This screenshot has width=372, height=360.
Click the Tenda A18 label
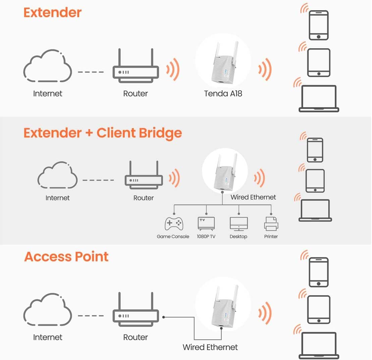pyautogui.click(x=223, y=94)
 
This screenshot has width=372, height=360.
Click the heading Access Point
pyautogui.click(x=66, y=257)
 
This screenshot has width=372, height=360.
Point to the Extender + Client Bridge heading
pyautogui.click(x=103, y=133)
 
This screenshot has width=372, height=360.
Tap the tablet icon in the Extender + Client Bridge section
pyautogui.click(x=315, y=181)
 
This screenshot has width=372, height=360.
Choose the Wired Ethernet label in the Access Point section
pyautogui.click(x=210, y=347)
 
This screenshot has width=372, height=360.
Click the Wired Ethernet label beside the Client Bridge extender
pyautogui.click(x=253, y=197)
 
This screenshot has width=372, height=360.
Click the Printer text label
pyautogui.click(x=271, y=237)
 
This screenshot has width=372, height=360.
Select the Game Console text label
pyautogui.click(x=173, y=237)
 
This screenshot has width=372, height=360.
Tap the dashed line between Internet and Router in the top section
pyautogui.click(x=91, y=72)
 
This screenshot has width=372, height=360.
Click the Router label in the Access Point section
pyautogui.click(x=136, y=337)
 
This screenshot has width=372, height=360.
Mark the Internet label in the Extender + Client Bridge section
pyautogui.click(x=57, y=198)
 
